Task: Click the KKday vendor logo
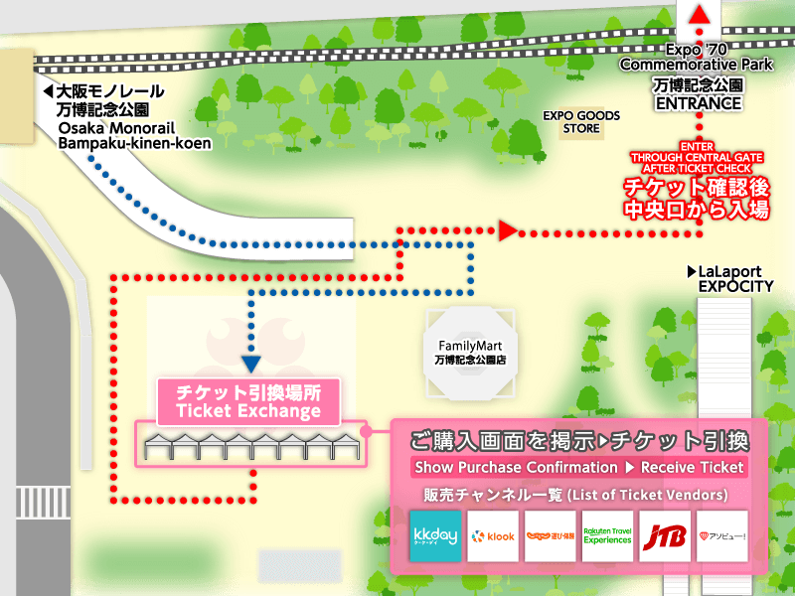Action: (435, 536)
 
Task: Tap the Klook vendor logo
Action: (493, 536)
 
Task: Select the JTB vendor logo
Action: (665, 536)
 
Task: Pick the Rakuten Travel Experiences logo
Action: (607, 536)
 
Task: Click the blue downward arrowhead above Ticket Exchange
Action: (250, 365)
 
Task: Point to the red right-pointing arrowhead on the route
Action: (508, 231)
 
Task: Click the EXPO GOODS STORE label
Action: (581, 122)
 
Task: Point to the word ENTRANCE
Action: (699, 103)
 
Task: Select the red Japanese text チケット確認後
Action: (695, 188)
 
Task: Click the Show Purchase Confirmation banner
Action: (578, 467)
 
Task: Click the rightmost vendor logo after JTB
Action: (722, 536)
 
